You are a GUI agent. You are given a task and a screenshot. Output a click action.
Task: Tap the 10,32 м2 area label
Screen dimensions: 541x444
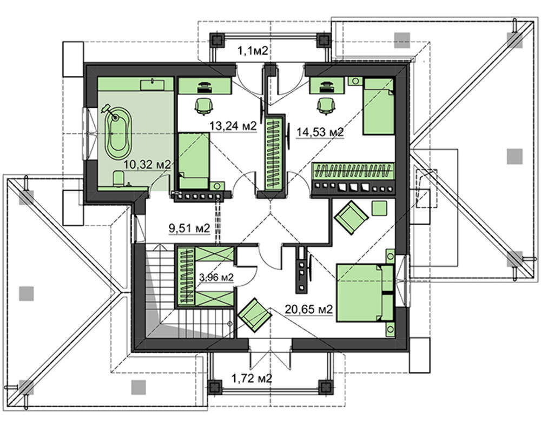point(147,165)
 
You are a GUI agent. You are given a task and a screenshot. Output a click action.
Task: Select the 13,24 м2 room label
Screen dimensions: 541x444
point(233,126)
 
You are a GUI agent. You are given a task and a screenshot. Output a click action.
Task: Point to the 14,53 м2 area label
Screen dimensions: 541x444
point(320,132)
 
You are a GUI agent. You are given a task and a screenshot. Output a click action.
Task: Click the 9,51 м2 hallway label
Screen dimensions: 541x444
point(189,228)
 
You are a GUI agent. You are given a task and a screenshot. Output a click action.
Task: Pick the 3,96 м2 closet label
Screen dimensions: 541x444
point(217,277)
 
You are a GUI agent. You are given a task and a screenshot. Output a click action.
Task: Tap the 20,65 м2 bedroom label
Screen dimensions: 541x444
point(309,310)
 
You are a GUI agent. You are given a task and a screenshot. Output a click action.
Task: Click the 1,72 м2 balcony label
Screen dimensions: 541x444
point(252,379)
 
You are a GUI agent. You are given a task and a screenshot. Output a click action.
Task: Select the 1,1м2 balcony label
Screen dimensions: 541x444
point(253,51)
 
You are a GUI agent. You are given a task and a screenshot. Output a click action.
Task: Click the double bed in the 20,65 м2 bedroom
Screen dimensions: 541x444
point(365,293)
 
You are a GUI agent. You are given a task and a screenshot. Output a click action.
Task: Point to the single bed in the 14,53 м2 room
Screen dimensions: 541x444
point(379,106)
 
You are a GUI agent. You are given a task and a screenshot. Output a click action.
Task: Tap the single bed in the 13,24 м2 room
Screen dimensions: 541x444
point(194,161)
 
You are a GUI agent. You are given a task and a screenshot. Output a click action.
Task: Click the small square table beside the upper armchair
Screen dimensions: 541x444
point(380,208)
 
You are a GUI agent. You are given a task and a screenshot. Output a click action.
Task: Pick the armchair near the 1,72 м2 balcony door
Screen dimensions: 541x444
point(255,315)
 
